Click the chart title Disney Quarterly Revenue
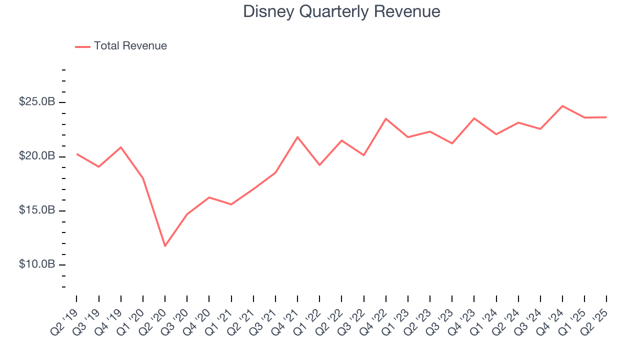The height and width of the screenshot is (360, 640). tap(341, 11)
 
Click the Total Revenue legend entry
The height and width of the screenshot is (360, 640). tap(121, 46)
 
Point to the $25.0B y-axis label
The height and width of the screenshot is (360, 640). tap(37, 102)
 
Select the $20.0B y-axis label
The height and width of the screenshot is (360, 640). tap(37, 156)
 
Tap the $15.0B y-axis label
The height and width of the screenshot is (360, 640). tap(37, 210)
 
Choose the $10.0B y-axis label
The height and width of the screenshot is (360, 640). tap(37, 264)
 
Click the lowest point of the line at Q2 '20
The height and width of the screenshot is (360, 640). tap(165, 246)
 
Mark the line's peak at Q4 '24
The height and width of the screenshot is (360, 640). tap(562, 106)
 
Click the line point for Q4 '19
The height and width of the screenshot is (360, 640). tap(121, 147)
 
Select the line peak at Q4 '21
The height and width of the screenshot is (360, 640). tap(297, 136)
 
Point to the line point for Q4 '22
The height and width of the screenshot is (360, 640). tap(386, 118)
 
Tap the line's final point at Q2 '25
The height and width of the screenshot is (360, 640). tap(606, 117)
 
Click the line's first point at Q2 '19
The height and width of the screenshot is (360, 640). tap(77, 154)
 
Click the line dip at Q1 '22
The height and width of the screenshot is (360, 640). tap(319, 165)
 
